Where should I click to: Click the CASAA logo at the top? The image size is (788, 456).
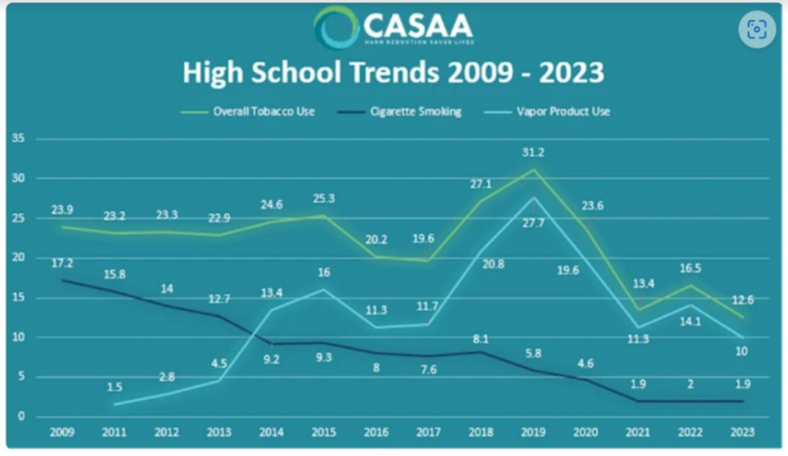(x=394, y=28)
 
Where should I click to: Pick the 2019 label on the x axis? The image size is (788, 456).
(x=532, y=432)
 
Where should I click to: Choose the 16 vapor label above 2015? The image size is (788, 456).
(x=323, y=272)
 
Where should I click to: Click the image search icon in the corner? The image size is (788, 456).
(x=757, y=29)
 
